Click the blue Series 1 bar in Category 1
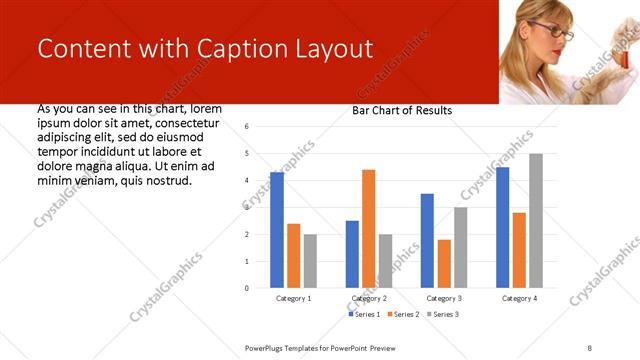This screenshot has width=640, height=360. [x=277, y=230]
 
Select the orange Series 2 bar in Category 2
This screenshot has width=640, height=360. [x=369, y=229]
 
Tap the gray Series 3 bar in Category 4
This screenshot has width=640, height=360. [x=536, y=221]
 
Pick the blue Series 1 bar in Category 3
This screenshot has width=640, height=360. [x=427, y=241]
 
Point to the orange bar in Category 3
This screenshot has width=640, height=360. [x=444, y=264]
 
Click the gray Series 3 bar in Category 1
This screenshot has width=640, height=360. [x=310, y=261]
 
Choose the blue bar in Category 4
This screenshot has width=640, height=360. [x=502, y=227]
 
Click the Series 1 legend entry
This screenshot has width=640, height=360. [x=364, y=314]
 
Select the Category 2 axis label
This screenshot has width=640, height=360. [x=369, y=298]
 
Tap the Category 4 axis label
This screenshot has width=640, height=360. [x=519, y=298]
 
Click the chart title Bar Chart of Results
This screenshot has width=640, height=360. [x=402, y=110]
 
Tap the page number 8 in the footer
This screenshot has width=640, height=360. [x=590, y=346]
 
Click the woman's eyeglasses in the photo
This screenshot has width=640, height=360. [x=553, y=31]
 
